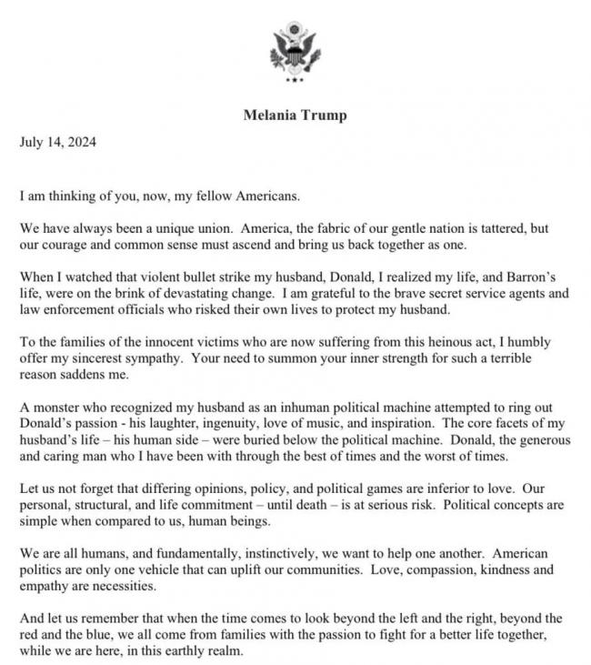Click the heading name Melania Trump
pos(295,116)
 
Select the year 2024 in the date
pos(81,142)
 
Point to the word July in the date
pos(32,142)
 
